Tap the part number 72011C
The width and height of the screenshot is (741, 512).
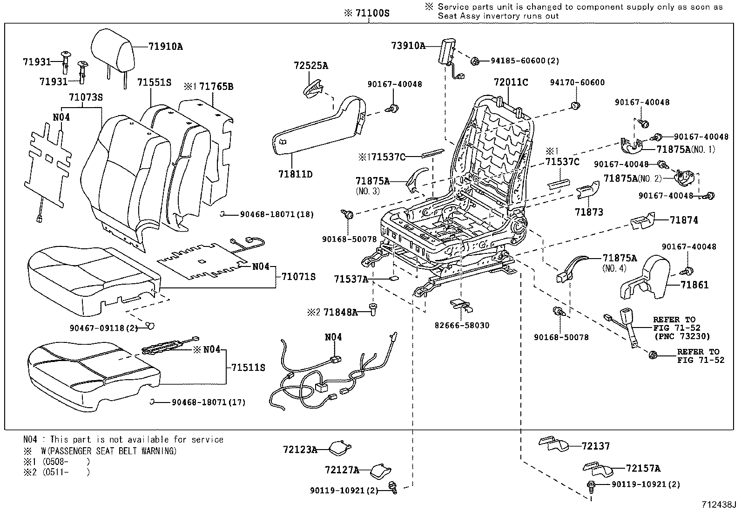pos(511,83)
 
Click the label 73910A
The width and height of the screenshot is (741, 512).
pos(408,46)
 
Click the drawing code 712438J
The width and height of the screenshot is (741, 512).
pos(719,505)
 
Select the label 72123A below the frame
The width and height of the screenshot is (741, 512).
pos(300,450)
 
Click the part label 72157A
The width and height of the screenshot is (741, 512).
pos(643,469)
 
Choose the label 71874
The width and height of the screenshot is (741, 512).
pos(684,220)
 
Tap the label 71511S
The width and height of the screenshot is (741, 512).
pos(248,368)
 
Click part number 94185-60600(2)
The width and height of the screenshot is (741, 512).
pos(525,61)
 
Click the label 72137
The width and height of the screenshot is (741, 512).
pos(595,446)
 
